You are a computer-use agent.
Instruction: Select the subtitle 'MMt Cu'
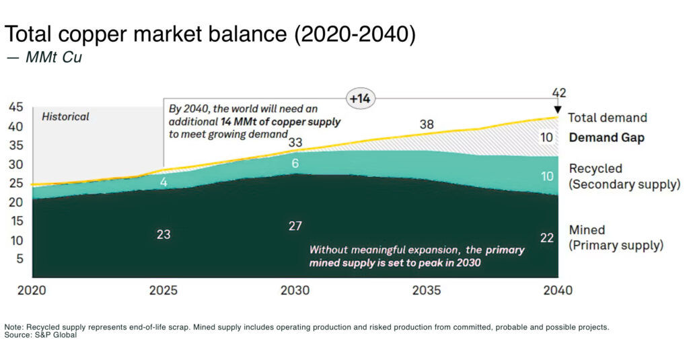click(x=53, y=58)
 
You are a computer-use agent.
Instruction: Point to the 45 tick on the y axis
click(x=15, y=108)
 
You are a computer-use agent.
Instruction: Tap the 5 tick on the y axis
click(x=19, y=259)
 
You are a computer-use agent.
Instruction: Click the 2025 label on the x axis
click(x=164, y=291)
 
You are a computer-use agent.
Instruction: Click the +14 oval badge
click(x=359, y=98)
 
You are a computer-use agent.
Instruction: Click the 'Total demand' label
click(x=607, y=118)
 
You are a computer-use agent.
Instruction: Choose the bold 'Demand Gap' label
click(x=606, y=138)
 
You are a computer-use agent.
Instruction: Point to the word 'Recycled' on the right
click(x=595, y=169)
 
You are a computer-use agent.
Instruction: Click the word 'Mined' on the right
click(x=587, y=229)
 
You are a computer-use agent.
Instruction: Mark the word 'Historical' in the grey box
click(x=65, y=116)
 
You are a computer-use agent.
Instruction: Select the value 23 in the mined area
click(x=164, y=235)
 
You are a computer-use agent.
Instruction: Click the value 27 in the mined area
click(x=295, y=226)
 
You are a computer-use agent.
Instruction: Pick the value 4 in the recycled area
click(x=164, y=182)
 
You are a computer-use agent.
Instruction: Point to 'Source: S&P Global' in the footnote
click(x=41, y=335)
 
